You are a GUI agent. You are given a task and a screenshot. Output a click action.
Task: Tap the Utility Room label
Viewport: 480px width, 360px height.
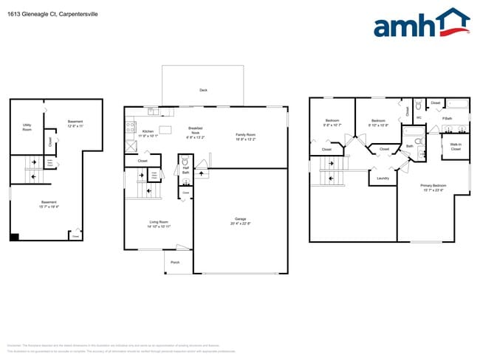(x=27, y=128)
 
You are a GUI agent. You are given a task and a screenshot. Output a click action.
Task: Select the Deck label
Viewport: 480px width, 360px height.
(x=203, y=90)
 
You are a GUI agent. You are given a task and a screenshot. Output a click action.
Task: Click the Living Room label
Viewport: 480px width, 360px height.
(x=159, y=224)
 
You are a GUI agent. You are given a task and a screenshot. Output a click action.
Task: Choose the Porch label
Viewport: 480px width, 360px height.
(x=175, y=263)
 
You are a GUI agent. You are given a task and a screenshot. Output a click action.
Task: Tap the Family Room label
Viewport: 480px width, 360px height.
(x=245, y=136)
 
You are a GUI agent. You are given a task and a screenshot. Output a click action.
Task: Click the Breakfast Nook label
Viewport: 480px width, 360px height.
(x=196, y=132)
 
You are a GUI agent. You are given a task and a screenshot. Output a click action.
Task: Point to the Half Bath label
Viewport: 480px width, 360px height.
(x=186, y=170)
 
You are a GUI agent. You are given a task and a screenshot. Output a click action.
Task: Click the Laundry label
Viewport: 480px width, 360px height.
(x=383, y=178)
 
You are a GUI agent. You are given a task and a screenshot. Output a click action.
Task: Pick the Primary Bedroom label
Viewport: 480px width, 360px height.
(x=433, y=187)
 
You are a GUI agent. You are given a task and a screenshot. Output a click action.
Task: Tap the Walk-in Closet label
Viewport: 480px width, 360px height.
(x=456, y=147)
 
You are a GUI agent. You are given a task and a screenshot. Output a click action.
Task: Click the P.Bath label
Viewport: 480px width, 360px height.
(x=447, y=118)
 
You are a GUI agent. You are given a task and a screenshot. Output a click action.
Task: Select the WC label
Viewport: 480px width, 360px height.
(x=419, y=118)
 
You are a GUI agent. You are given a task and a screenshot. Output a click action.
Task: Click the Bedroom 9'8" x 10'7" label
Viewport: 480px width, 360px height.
(x=332, y=123)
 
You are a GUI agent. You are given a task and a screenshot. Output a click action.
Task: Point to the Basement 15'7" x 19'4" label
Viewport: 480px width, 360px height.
(x=49, y=204)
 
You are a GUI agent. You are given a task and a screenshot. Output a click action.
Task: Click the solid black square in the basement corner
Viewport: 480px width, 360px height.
(x=14, y=236)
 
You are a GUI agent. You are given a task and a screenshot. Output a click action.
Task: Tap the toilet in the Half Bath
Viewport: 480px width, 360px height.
(x=185, y=160)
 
